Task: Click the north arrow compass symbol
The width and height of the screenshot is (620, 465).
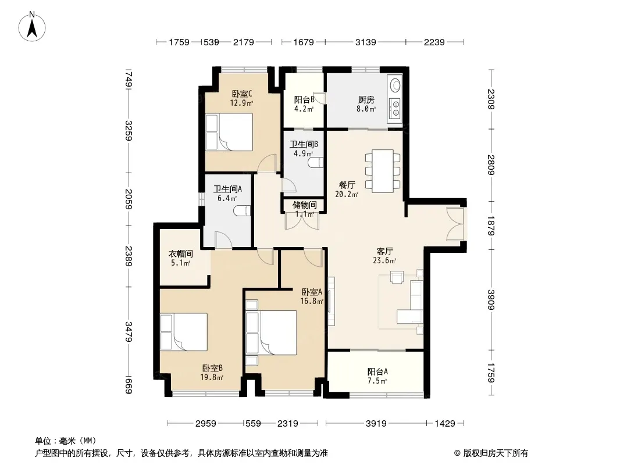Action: pyautogui.click(x=32, y=27)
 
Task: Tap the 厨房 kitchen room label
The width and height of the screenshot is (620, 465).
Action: pyautogui.click(x=366, y=100)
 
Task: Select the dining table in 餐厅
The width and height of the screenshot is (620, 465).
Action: pyautogui.click(x=383, y=171)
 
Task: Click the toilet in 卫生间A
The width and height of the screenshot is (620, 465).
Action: pyautogui.click(x=242, y=212)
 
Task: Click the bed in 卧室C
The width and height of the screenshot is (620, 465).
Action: pyautogui.click(x=229, y=132)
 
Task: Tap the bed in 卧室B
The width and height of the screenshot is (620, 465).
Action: pyautogui.click(x=184, y=331)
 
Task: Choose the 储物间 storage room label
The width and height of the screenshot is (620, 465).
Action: pyautogui.click(x=304, y=205)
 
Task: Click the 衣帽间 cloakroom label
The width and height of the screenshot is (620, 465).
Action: pyautogui.click(x=181, y=253)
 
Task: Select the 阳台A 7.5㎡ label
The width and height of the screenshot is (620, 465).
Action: pyautogui.click(x=377, y=376)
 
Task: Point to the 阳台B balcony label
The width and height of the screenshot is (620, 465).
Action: pyautogui.click(x=304, y=100)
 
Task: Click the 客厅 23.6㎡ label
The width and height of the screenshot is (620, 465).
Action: pyautogui.click(x=384, y=256)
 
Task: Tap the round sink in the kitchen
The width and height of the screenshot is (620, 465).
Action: pyautogui.click(x=395, y=84)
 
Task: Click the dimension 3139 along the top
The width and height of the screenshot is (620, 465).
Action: pyautogui.click(x=365, y=42)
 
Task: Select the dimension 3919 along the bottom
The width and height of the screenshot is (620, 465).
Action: pyautogui.click(x=376, y=424)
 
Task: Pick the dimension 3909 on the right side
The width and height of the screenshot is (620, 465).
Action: pyautogui.click(x=491, y=300)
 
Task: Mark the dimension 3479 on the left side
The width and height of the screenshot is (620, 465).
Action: pyautogui.click(x=129, y=332)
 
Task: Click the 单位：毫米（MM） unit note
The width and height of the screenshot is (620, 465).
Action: pyautogui.click(x=66, y=441)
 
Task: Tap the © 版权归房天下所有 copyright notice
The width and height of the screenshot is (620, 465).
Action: pyautogui.click(x=491, y=453)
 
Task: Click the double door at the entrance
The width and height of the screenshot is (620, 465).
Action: pyautogui.click(x=455, y=224)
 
